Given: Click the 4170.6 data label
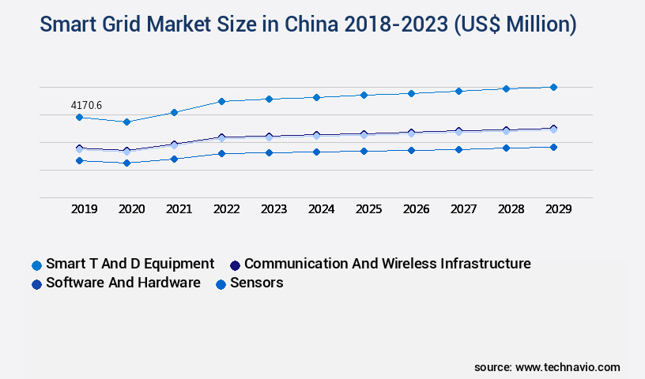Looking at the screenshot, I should [88, 105].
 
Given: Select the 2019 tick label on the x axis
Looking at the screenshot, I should [85, 209].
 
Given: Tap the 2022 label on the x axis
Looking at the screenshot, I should [226, 209].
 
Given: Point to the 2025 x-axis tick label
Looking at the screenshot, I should [368, 209].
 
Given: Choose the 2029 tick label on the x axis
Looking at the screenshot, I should [558, 209].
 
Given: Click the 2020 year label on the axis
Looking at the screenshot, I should [132, 209].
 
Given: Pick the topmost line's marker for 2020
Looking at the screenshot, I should [126, 122].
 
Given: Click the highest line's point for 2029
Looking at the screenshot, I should [553, 87].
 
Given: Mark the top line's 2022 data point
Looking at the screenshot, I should [221, 101].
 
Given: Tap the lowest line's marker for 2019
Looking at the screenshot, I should [79, 160].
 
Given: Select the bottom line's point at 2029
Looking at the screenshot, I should [553, 147].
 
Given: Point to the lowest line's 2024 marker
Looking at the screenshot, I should [316, 152].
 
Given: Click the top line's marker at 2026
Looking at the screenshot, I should [411, 93].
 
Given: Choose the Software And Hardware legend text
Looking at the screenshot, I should [123, 283].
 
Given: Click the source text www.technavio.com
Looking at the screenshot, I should [568, 367].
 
